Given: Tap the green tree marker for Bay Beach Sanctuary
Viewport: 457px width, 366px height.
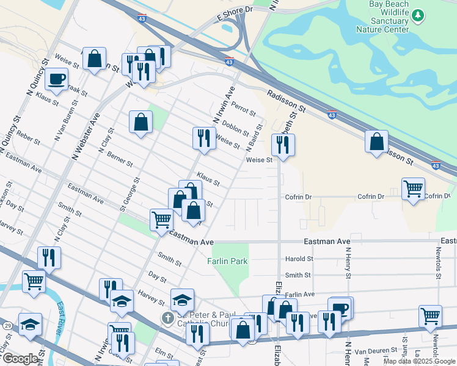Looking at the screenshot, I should coord(418,15).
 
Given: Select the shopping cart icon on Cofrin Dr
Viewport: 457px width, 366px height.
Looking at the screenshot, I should coord(414,189).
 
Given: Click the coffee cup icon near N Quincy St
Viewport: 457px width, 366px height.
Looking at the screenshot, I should coord(56,79).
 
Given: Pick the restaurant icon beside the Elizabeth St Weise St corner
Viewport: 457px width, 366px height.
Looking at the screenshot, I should coord(283,145).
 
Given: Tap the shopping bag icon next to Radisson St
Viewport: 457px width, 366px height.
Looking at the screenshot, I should coord(377,142).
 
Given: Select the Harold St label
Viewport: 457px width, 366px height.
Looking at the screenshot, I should coord(299,259).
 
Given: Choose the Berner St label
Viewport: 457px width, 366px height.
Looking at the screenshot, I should coord(120,160).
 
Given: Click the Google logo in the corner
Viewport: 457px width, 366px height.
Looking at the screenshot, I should coord(20,359).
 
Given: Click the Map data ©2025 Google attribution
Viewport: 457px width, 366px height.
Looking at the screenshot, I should coord(419,361).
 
